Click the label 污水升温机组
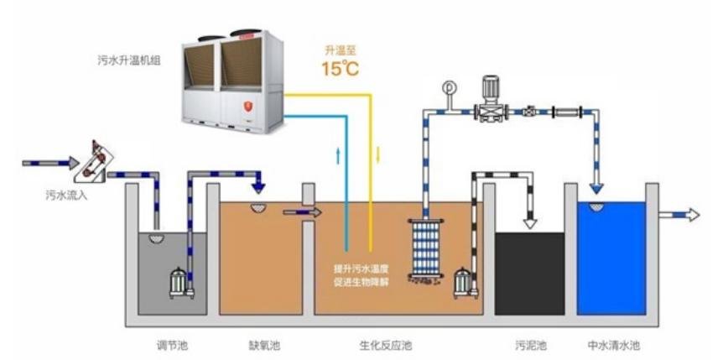click(x=130, y=60)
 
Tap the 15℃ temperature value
click(x=340, y=68)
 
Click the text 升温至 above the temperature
click(x=339, y=50)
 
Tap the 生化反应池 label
click(x=386, y=345)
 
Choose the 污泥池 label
click(x=530, y=345)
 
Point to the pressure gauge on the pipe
click(x=448, y=87)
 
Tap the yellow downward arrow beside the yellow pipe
click(x=378, y=154)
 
